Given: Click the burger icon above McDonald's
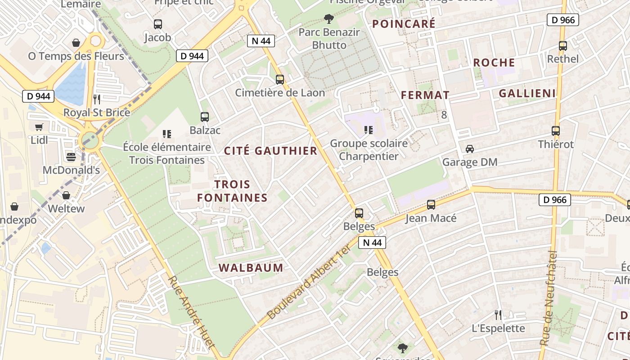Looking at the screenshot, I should tap(71, 157).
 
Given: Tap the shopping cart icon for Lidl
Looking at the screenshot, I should tap(39, 127).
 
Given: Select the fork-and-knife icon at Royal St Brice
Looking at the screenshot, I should tap(97, 99).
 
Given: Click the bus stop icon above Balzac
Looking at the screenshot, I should tap(205, 117).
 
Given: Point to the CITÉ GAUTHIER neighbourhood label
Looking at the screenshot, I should tap(271, 151).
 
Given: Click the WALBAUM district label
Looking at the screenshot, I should tap(251, 268).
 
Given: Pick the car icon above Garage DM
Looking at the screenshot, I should tap(470, 148).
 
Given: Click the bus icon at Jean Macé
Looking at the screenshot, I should tap(431, 205).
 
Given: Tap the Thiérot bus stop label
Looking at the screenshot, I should tap(556, 144).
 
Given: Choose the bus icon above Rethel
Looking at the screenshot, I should tap(563, 45).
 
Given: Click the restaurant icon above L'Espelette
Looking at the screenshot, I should tap(498, 315).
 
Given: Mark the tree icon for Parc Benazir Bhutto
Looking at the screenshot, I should tap(329, 19).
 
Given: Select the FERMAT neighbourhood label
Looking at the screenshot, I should tap(425, 95).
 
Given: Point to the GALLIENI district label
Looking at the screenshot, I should tap(527, 93).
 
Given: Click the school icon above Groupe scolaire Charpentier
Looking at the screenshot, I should tap(369, 130).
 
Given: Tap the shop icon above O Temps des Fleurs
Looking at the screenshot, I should tap(76, 43).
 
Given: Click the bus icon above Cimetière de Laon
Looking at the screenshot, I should tap(280, 80).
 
